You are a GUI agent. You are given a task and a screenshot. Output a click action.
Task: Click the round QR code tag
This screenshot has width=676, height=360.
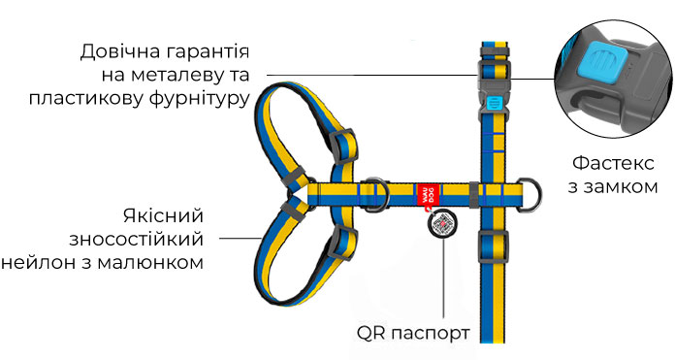pyautogui.click(x=443, y=223)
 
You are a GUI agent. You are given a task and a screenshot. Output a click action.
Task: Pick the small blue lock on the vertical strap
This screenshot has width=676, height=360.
pyautogui.click(x=494, y=102)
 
